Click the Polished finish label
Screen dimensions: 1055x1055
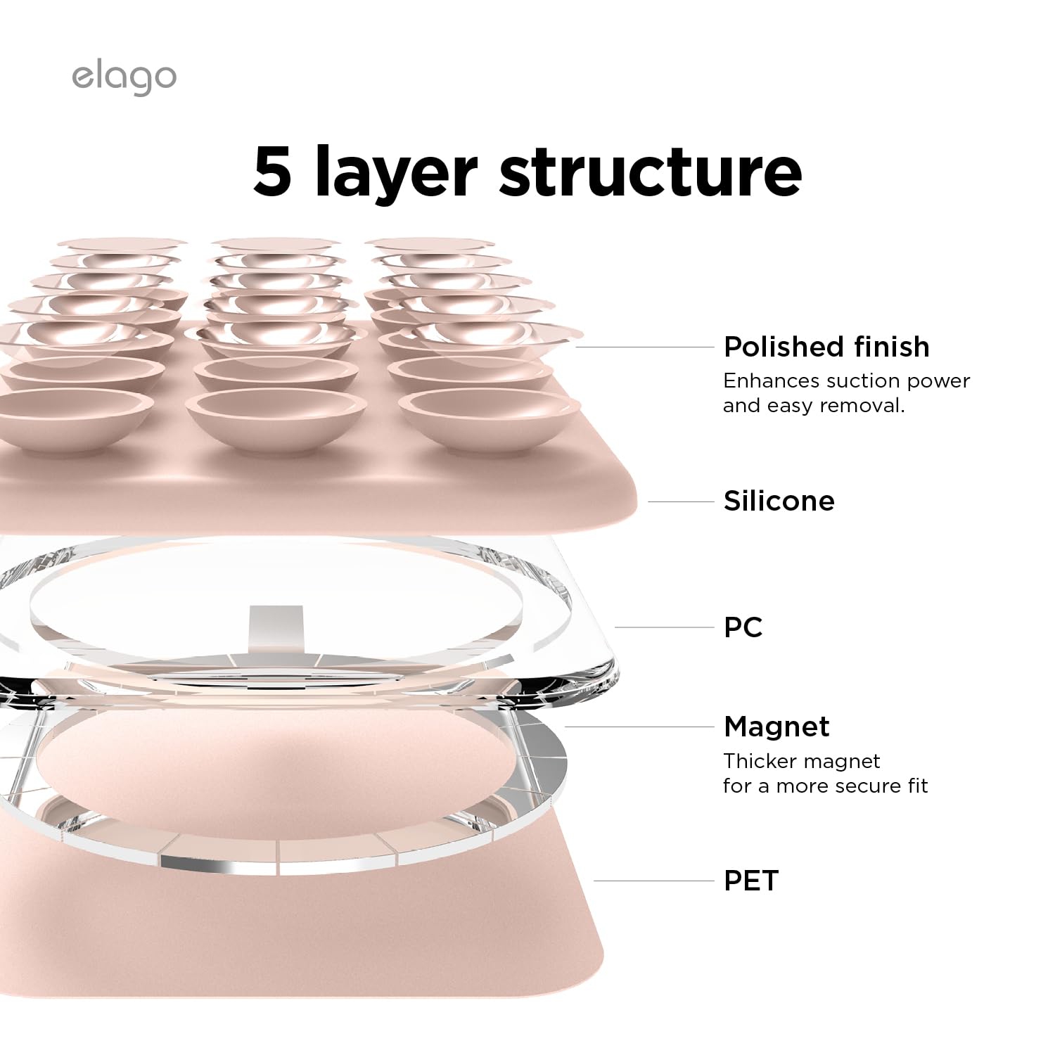[x=826, y=347]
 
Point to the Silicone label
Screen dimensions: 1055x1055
[x=779, y=501]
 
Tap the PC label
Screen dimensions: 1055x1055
[x=743, y=627]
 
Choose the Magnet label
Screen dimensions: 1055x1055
[x=776, y=727]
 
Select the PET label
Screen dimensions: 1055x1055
[x=751, y=881]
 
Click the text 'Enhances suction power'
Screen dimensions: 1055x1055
[x=846, y=381]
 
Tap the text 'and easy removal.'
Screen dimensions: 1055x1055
[x=814, y=406]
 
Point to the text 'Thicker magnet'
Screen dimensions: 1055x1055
[x=801, y=761]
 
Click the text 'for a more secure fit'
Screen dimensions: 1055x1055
[x=825, y=786]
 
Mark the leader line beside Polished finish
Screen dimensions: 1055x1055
[x=644, y=347]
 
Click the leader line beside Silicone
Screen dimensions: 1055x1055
[x=680, y=501]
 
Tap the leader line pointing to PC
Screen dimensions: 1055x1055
[x=664, y=627]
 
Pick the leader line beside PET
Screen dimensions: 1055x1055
[x=653, y=881]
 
